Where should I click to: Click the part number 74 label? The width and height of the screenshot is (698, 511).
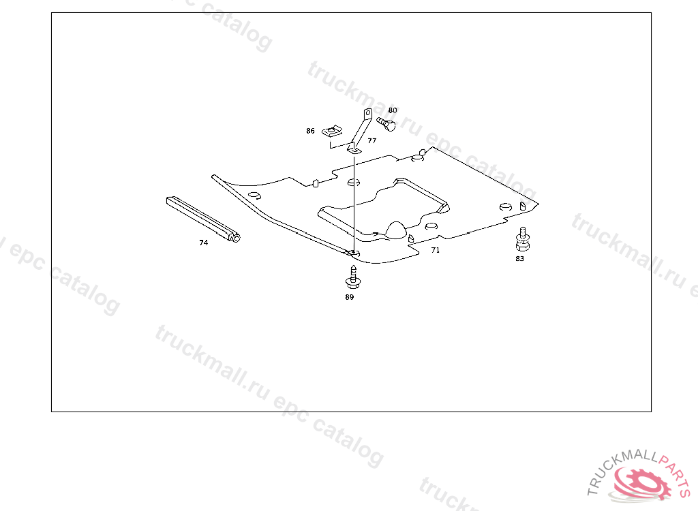203,243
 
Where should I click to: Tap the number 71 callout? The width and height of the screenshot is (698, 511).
436,250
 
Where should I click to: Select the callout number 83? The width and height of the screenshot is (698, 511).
520,259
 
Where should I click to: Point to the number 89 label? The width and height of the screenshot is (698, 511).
350,297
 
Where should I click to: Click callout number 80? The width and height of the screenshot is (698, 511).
393,110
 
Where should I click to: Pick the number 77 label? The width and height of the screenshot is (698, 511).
371,140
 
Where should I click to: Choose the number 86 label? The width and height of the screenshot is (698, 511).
310,131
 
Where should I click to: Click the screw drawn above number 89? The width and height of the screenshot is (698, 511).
352,276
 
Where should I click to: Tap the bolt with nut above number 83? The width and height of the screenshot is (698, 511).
521,238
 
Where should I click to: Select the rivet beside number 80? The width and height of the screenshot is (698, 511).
386,125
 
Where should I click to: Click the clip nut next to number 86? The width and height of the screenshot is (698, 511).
332,130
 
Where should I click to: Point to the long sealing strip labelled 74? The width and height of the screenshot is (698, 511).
201,218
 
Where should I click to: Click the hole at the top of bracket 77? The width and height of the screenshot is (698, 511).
367,114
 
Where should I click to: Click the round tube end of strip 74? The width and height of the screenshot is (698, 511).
236,238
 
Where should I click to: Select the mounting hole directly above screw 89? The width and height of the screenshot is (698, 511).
352,253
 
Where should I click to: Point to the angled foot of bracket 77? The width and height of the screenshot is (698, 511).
354,147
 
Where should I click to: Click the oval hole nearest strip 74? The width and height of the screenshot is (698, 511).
254,196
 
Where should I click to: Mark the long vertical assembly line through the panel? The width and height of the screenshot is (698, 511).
354,204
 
